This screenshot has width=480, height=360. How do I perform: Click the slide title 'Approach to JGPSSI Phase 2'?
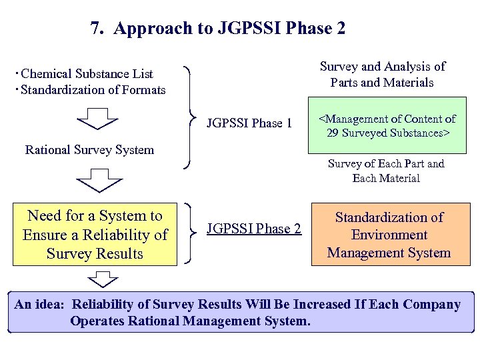click(230, 29)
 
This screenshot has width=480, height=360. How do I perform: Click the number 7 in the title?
click(96, 29)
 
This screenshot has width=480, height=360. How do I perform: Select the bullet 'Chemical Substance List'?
click(87, 74)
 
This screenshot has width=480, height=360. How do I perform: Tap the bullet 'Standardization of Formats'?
click(93, 89)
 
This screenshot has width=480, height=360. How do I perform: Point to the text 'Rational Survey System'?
click(89, 149)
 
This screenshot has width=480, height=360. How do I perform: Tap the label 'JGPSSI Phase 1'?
click(249, 123)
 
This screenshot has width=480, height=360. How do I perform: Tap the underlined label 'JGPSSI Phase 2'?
click(254, 229)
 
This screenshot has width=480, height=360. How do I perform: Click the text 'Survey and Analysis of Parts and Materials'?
click(382, 75)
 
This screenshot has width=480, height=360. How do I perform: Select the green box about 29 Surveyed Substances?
click(387, 125)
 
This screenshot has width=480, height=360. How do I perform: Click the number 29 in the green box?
click(333, 133)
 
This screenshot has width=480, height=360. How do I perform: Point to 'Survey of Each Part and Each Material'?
click(386, 171)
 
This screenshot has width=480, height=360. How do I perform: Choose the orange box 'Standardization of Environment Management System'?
click(389, 235)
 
